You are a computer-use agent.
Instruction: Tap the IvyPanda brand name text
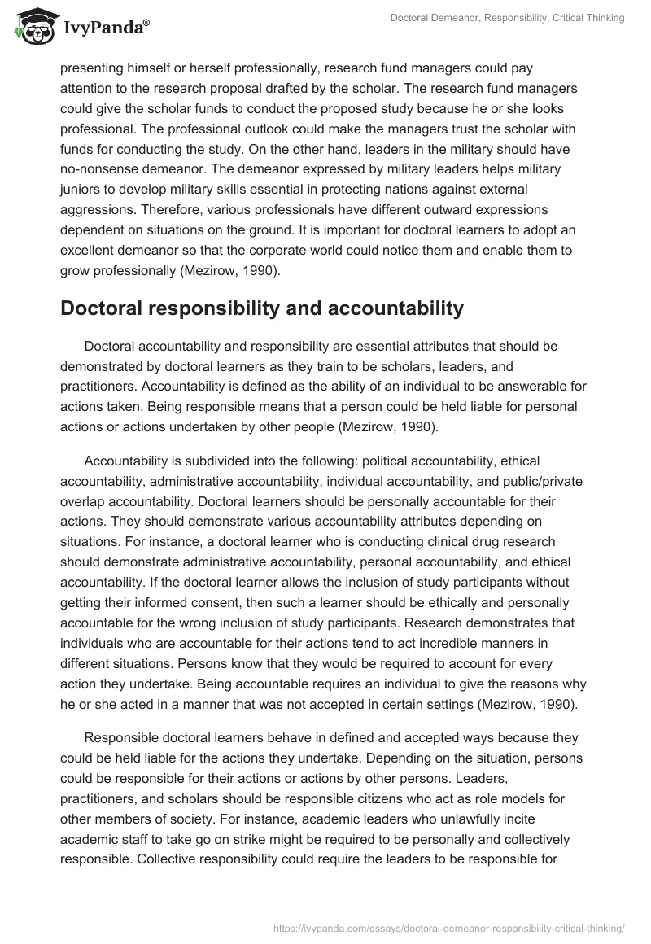(x=105, y=28)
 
